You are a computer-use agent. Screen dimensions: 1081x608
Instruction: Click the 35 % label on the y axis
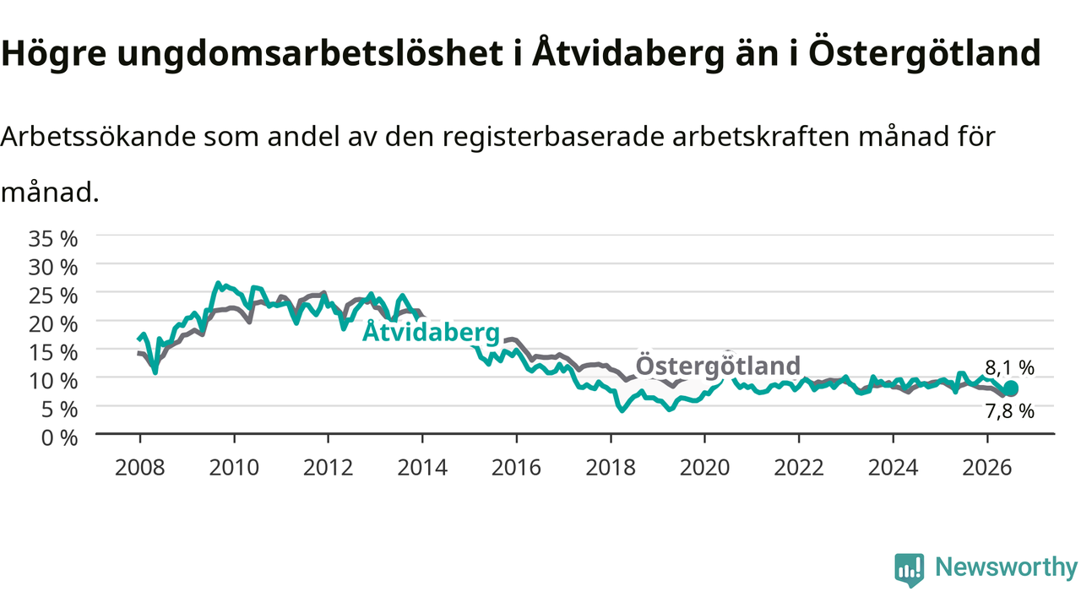[53, 238]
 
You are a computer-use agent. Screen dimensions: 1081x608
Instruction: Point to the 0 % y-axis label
[59, 438]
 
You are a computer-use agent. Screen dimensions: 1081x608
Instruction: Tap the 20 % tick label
[53, 323]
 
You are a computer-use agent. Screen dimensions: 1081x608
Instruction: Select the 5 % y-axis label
[59, 410]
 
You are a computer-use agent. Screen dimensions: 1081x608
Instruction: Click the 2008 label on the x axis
[140, 468]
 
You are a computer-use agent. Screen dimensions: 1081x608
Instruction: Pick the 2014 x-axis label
[422, 468]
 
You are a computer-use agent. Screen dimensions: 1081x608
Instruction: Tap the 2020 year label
[704, 468]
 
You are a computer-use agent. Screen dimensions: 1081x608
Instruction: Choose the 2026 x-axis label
[987, 468]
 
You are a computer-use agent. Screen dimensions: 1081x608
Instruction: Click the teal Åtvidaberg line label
[431, 332]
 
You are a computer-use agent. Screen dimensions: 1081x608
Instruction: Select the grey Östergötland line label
[718, 366]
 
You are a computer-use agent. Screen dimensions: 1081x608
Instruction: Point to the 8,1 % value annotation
[1009, 368]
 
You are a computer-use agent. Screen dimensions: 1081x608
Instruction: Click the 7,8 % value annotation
[1009, 411]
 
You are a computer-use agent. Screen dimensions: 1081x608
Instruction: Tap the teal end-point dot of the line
[1011, 388]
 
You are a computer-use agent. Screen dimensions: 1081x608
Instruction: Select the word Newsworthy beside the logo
[1007, 567]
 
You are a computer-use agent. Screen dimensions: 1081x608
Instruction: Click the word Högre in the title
[53, 54]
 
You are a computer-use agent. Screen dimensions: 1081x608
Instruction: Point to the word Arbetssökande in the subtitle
[98, 137]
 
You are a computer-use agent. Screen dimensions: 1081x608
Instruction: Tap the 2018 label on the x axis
[611, 468]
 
